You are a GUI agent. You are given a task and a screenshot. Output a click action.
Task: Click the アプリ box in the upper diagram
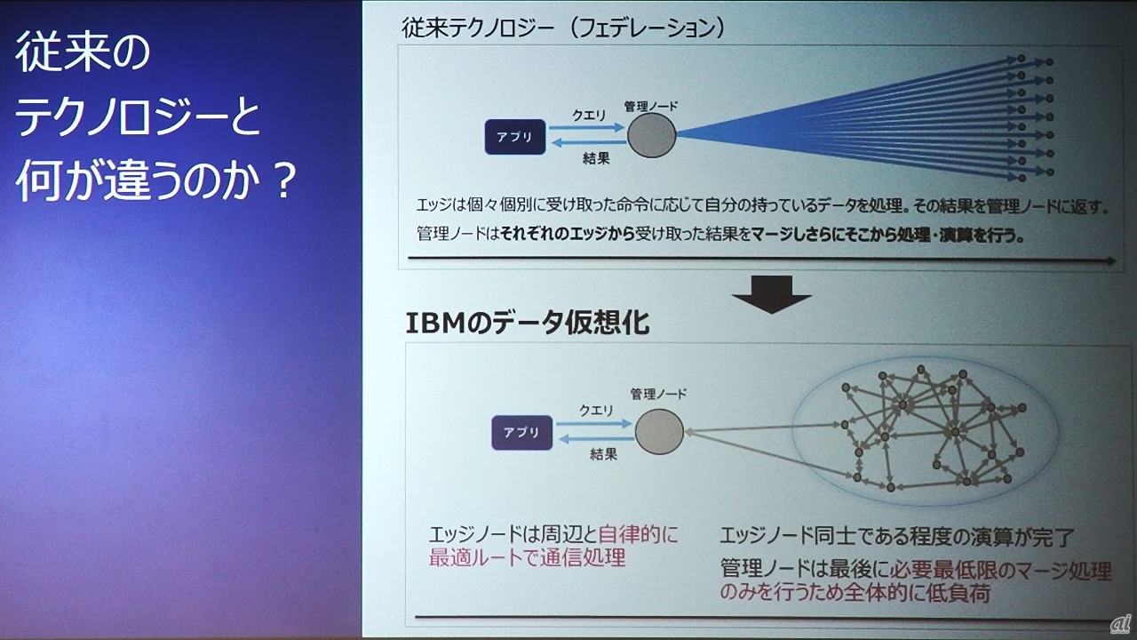(x=515, y=137)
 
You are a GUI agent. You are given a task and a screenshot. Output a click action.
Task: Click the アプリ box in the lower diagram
(x=521, y=432)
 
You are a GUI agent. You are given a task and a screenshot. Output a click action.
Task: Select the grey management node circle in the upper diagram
(x=652, y=135)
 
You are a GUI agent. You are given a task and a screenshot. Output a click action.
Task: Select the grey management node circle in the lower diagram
(x=659, y=431)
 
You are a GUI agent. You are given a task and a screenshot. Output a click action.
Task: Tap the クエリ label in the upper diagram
(x=589, y=116)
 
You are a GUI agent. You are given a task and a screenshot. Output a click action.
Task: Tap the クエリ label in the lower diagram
(x=596, y=410)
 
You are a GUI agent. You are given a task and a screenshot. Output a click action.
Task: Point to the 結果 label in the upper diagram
(x=596, y=159)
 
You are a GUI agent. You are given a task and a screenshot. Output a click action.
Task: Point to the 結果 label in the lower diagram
(x=603, y=453)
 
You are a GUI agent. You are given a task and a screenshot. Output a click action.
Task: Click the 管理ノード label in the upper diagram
(x=651, y=106)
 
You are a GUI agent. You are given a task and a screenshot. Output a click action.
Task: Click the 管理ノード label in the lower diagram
(x=658, y=393)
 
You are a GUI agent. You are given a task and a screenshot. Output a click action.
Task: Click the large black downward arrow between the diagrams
(x=772, y=294)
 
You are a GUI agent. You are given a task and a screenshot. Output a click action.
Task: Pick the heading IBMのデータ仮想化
(x=528, y=323)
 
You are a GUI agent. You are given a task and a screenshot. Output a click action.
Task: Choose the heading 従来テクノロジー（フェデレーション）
(x=563, y=28)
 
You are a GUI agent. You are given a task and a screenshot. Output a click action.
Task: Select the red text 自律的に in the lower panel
(x=638, y=534)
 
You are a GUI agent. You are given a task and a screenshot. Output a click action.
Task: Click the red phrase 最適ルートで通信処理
(x=527, y=557)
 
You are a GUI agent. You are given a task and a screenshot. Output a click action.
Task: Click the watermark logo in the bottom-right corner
(x=1121, y=624)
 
